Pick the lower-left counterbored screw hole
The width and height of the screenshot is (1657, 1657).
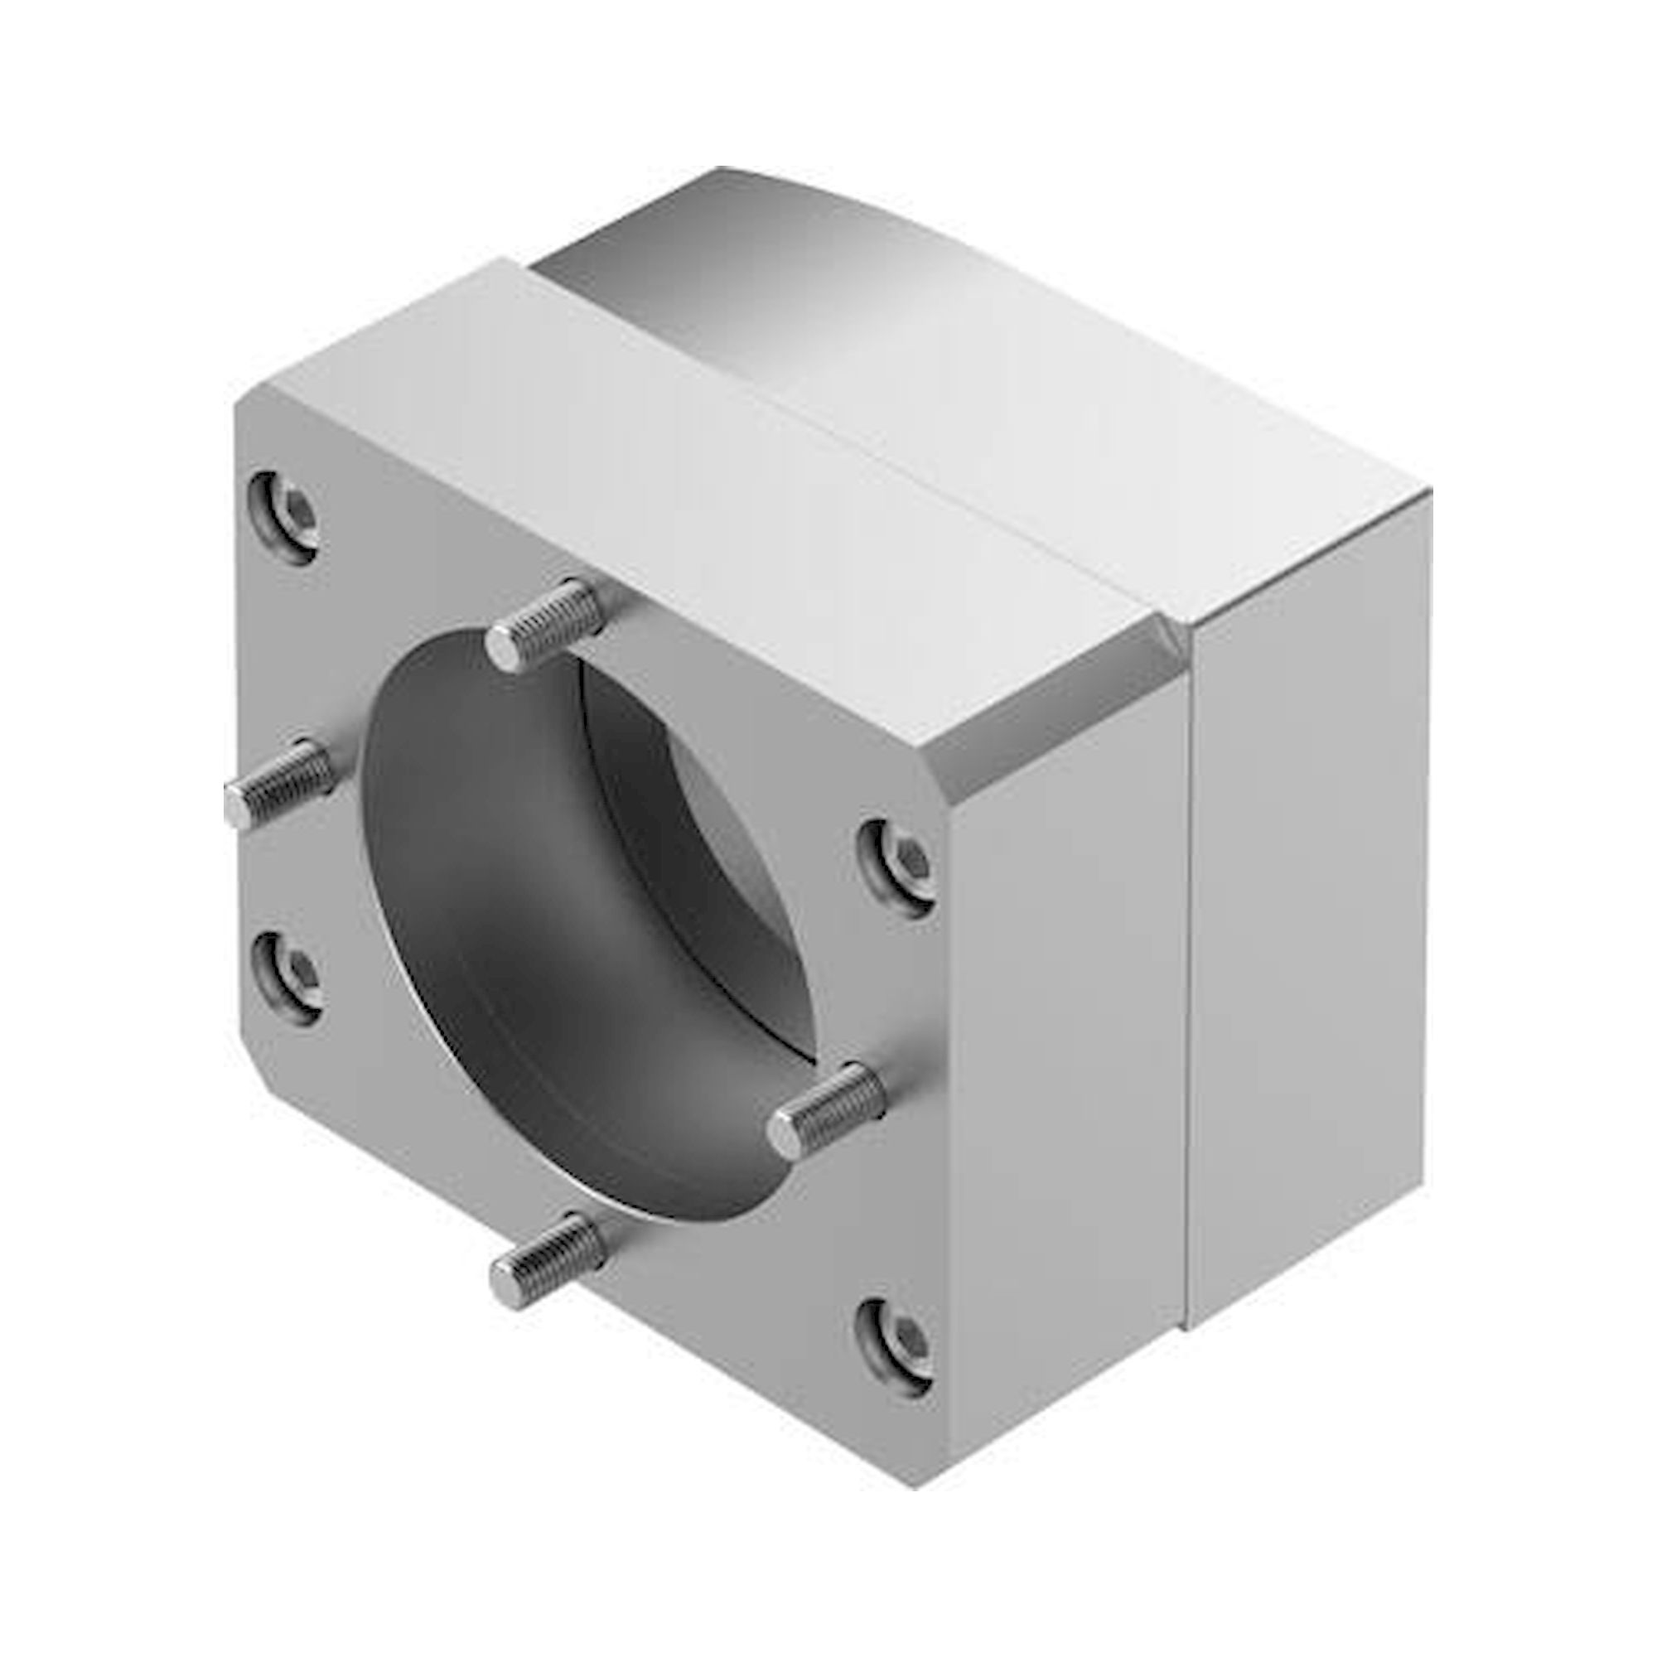click(x=287, y=977)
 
